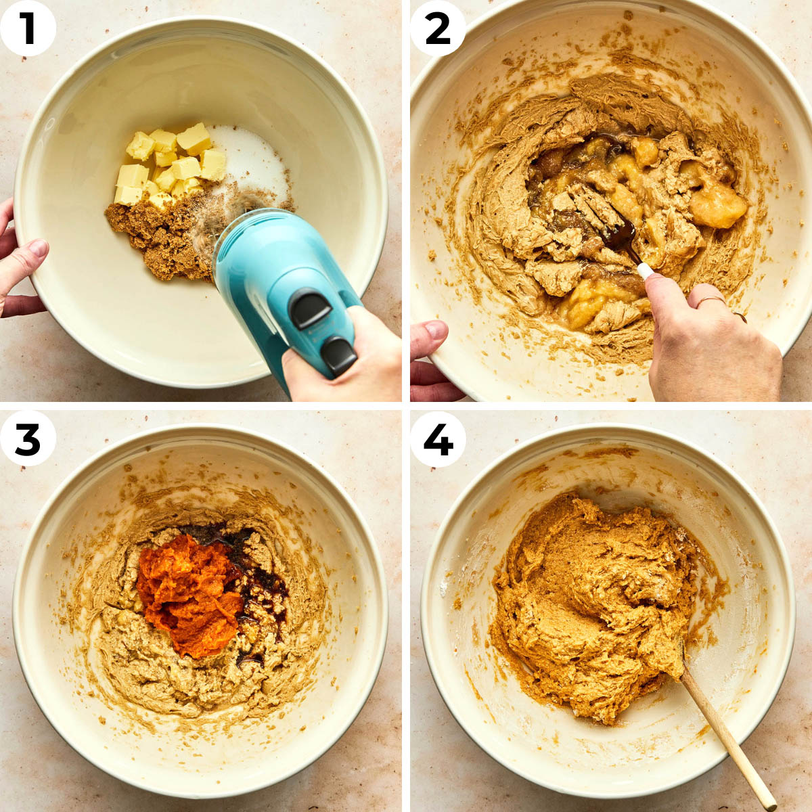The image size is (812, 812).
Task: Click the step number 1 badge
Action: [x=28, y=28]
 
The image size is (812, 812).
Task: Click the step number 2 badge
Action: [x=438, y=28]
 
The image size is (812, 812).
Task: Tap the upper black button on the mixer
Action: [x=310, y=309]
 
